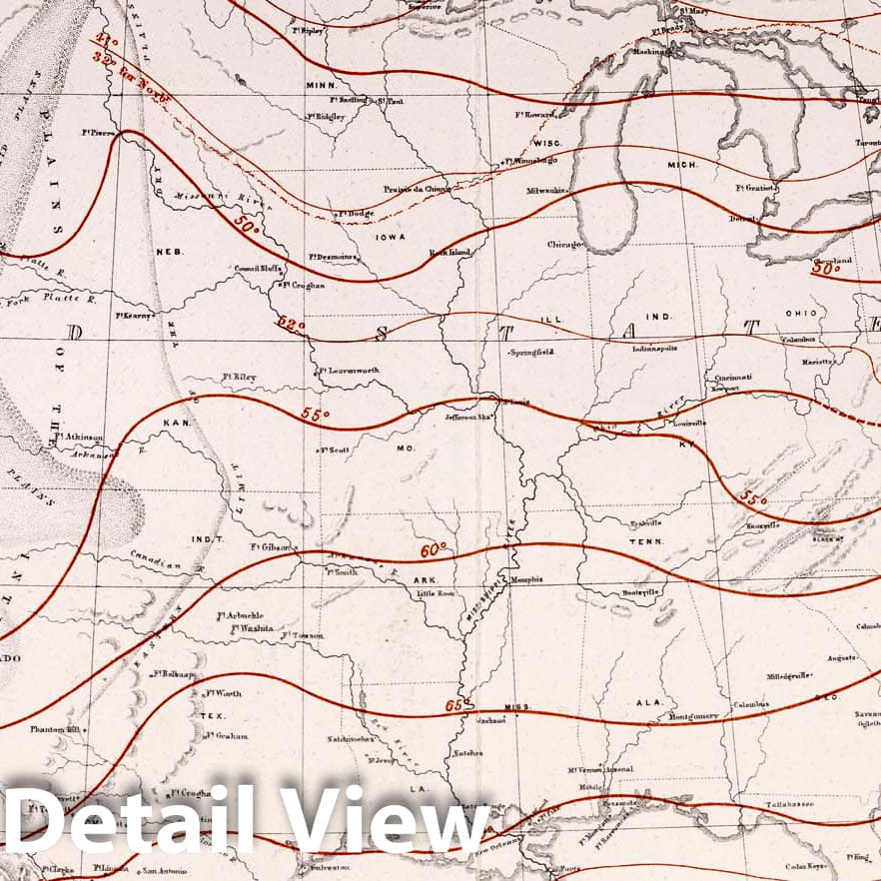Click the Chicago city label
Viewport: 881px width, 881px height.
(564, 244)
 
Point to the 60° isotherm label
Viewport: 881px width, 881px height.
(433, 550)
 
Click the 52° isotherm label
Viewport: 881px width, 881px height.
(291, 325)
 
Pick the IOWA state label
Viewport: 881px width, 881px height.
(390, 238)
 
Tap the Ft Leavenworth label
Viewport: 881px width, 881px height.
(349, 371)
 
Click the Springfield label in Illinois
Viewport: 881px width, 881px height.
(531, 353)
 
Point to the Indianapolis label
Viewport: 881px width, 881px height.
(654, 350)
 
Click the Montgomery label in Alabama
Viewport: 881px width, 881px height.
(692, 716)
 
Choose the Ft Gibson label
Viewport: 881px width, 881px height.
(269, 547)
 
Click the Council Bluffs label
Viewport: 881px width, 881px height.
(258, 269)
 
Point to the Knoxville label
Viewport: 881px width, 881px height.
(762, 524)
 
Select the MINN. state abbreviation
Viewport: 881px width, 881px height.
(321, 86)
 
